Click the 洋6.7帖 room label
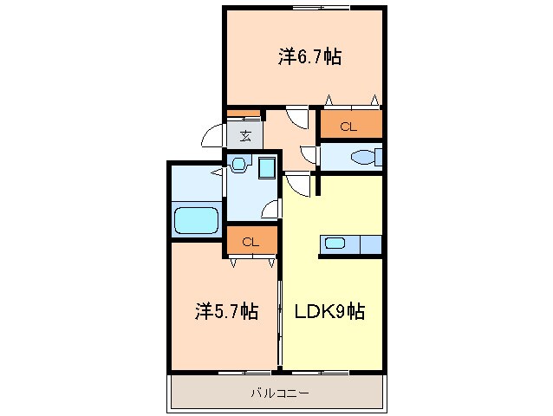point(309,57)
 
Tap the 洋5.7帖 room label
point(225,311)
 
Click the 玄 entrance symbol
point(245,135)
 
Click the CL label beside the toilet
point(348,127)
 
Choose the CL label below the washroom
point(250,242)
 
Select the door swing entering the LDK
point(297,184)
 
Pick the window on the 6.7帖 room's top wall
point(321,8)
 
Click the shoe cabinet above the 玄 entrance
point(244,114)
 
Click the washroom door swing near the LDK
point(270,209)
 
